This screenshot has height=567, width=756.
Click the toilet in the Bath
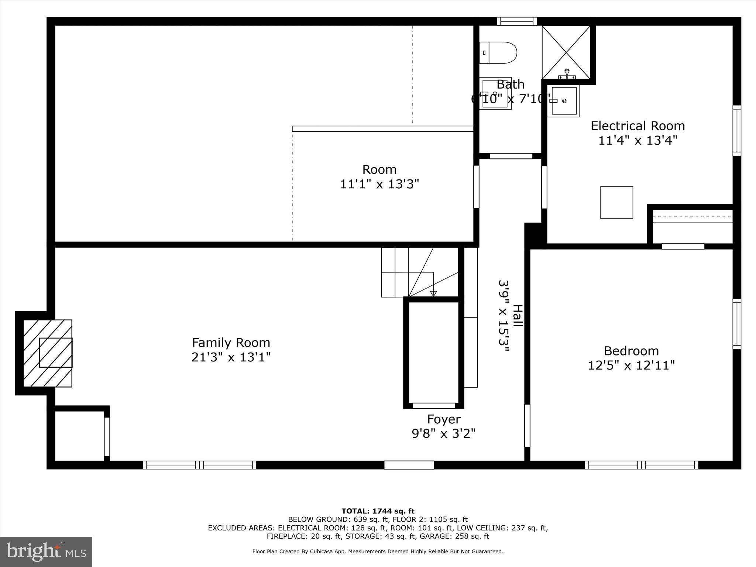498,52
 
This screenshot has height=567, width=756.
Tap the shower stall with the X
566,52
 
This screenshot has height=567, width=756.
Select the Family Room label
231,343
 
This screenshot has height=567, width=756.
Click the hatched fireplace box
48,353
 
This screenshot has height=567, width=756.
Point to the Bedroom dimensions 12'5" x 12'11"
631,365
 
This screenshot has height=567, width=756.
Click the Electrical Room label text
638,126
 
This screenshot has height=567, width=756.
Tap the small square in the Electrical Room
616,202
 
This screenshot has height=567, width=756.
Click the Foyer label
444,419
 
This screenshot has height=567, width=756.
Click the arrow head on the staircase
433,294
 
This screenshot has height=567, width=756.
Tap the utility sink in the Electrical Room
563,101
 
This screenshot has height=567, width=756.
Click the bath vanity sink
495,94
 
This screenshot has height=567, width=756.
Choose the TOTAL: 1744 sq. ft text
378,511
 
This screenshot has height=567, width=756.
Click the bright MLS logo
46,551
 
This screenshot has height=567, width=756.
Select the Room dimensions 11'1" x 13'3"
379,184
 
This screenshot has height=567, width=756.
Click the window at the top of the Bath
516,21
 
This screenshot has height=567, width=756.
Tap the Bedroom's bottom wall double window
642,465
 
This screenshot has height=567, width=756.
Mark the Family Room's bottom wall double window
199,465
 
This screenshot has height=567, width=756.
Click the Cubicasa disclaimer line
378,551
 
